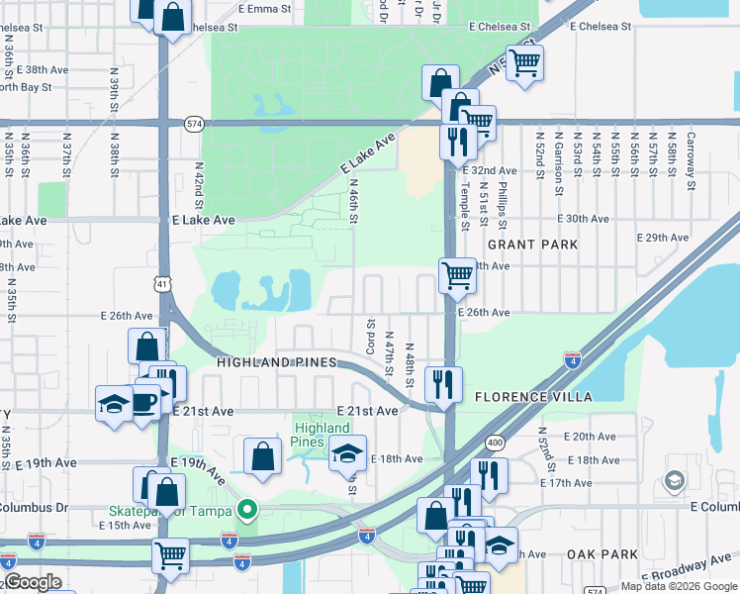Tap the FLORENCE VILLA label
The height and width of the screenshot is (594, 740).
533,397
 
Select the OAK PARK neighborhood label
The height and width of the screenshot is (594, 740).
603,554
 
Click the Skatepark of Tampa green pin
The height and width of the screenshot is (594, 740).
247,511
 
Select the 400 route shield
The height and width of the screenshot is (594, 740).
495,442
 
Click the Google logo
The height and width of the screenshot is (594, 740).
33,582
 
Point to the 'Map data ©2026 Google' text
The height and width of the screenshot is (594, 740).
678,586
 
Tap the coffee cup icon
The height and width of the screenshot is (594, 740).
144,402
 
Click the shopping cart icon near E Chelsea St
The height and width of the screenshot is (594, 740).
524,62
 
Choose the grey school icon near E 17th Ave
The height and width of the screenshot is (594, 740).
674,482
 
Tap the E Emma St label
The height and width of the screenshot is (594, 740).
266,8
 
